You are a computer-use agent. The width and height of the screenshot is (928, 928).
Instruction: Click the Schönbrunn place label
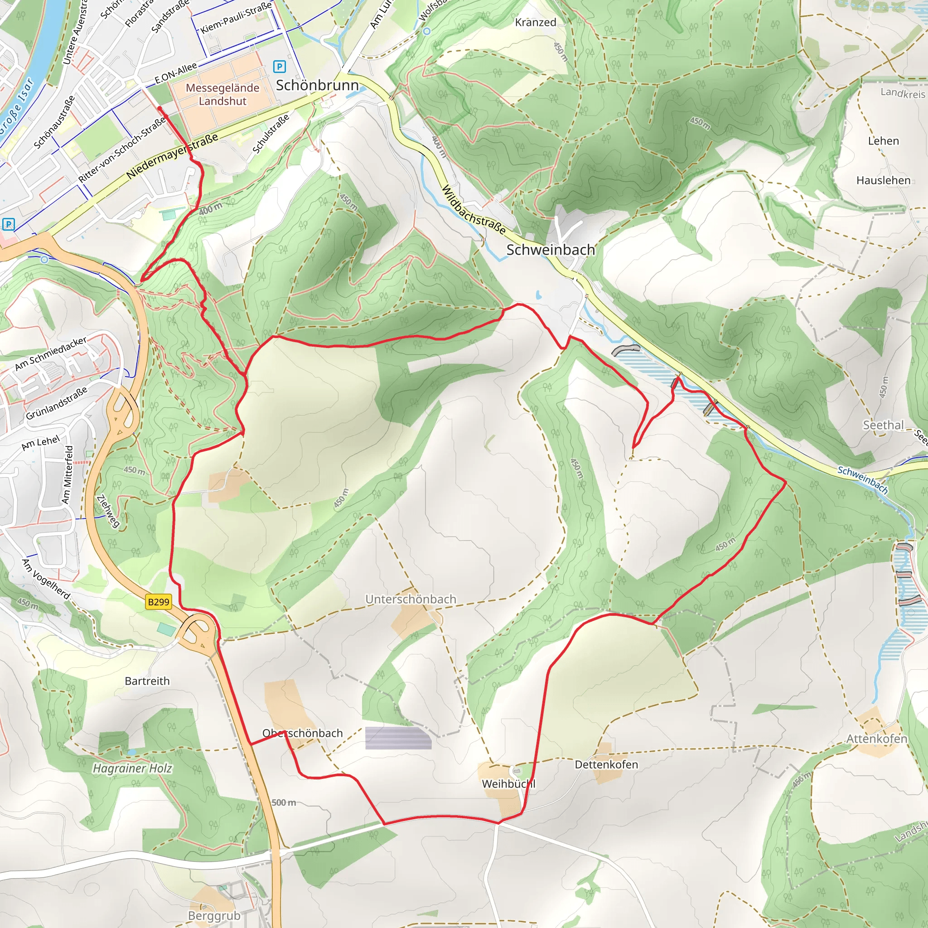point(317,85)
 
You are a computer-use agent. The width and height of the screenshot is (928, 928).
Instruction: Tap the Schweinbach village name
point(551,250)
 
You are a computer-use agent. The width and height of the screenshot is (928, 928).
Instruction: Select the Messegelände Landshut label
point(222,95)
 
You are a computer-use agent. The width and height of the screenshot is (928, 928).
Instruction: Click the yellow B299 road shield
point(159,602)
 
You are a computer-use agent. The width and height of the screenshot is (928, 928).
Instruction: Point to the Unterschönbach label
point(411,599)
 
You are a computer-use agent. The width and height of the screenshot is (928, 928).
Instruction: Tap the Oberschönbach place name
point(303,733)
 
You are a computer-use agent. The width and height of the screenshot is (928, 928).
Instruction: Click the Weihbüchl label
point(508,783)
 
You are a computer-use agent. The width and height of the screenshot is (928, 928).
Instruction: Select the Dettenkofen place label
point(606,764)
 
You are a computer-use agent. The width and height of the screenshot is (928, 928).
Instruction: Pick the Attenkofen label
point(877,738)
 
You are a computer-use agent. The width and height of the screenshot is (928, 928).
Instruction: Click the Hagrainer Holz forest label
point(132,768)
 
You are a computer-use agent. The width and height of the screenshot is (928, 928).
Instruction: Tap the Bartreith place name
point(147,681)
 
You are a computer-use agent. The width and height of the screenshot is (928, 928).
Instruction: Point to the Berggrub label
point(214,915)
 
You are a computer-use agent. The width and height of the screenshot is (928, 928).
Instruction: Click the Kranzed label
point(535,22)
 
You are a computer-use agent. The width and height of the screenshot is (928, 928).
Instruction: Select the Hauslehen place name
point(883,180)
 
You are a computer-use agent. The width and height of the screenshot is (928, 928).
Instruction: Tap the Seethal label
point(883,425)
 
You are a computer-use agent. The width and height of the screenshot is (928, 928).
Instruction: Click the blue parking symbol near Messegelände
point(279,66)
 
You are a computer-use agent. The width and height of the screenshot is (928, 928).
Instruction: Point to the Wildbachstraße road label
point(473,210)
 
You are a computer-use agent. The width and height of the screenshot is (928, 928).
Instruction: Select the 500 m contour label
point(283,802)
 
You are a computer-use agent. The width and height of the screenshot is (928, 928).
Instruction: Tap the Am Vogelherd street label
point(47,579)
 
